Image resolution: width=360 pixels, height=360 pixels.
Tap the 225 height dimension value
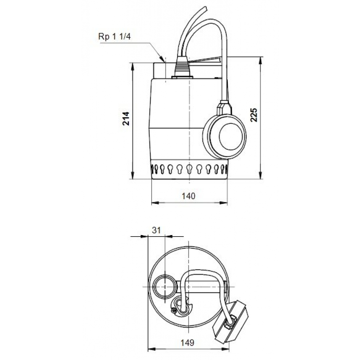tap(254, 115)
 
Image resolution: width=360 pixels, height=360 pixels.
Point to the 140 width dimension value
tap(189, 196)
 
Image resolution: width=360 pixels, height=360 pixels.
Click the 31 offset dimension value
tap(156, 230)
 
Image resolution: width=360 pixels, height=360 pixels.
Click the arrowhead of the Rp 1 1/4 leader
tap(162, 58)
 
